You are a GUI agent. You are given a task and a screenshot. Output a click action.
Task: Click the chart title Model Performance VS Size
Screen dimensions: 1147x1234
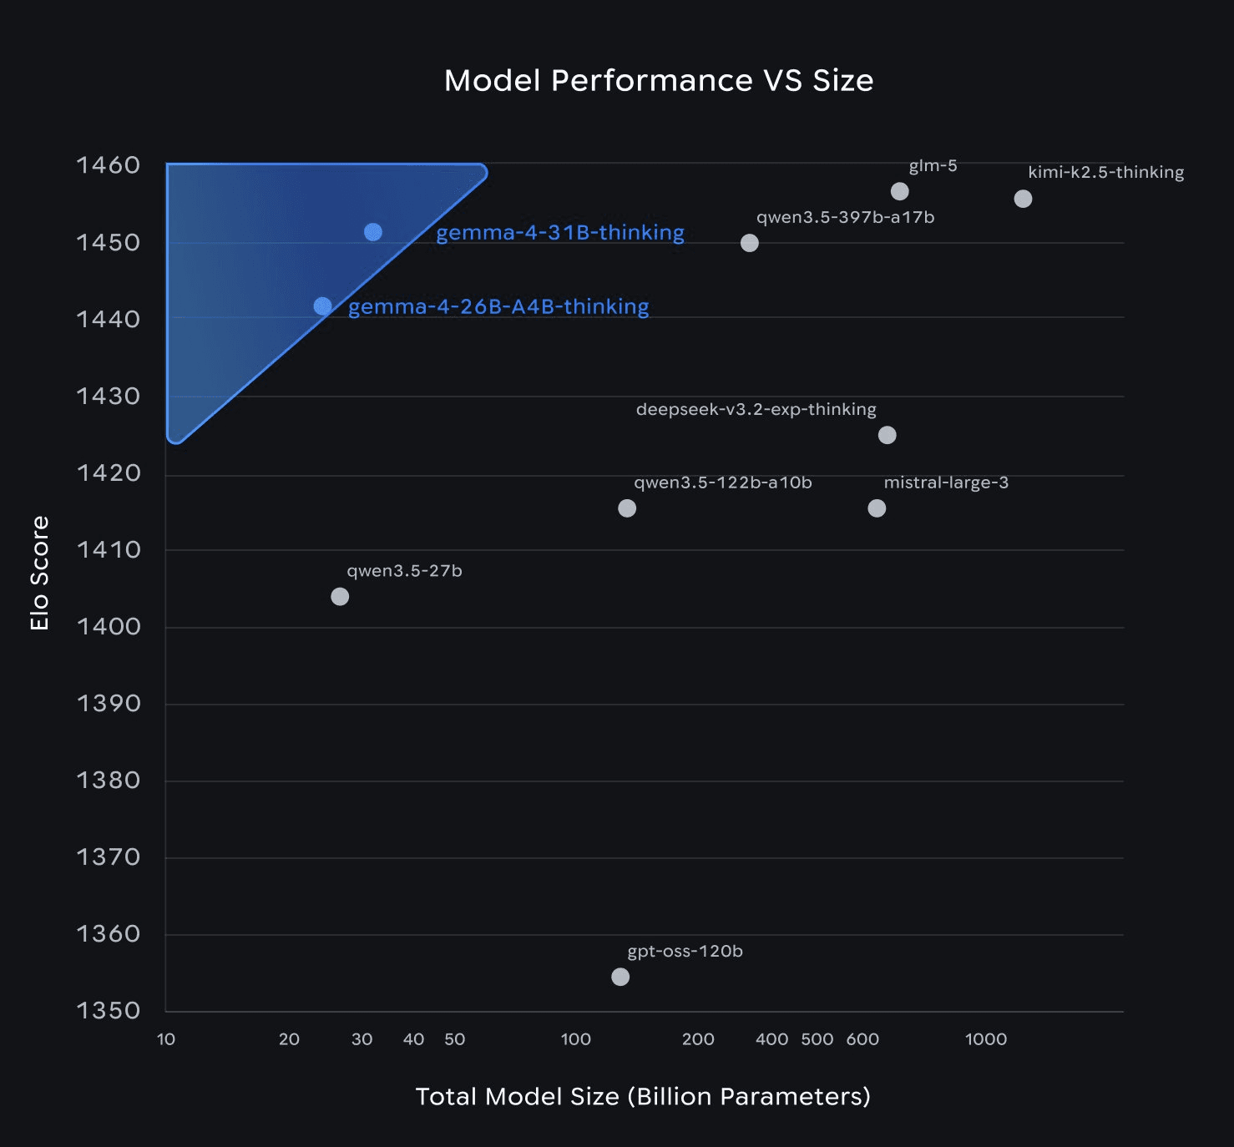click(659, 81)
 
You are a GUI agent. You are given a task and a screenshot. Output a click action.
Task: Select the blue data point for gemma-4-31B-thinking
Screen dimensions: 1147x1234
click(373, 232)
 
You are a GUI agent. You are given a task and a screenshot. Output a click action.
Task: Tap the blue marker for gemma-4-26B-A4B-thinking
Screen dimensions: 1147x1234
click(322, 306)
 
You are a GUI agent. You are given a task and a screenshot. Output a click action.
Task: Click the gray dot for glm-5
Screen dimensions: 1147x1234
click(899, 191)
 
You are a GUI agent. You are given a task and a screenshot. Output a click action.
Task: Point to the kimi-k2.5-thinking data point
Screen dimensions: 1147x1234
click(1023, 199)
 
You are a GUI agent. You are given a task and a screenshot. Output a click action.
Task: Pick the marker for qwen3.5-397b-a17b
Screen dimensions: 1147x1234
click(750, 243)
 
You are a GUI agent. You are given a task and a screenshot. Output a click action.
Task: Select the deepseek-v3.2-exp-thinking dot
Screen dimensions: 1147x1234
click(888, 435)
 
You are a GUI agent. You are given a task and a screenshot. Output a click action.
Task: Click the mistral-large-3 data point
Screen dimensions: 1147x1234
click(877, 508)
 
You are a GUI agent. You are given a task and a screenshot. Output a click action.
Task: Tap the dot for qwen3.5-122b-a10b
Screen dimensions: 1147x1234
click(627, 508)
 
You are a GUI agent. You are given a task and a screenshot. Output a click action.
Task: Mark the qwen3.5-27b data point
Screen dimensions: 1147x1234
click(340, 596)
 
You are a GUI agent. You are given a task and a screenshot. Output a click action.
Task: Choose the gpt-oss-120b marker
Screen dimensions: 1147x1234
click(620, 977)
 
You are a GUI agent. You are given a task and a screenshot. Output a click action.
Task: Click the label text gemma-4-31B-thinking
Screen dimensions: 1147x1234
click(560, 232)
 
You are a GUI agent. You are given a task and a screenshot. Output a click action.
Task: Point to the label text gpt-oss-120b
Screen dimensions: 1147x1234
click(685, 952)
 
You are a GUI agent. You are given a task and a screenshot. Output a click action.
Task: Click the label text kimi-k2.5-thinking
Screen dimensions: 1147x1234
click(1105, 172)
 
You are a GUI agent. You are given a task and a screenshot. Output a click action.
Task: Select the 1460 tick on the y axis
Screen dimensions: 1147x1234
click(109, 165)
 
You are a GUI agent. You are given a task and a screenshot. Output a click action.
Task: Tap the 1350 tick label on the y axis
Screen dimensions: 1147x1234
click(109, 1010)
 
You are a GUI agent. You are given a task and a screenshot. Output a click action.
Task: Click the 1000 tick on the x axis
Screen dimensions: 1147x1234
click(986, 1039)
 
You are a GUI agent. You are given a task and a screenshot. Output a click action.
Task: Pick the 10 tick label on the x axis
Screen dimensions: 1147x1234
click(166, 1039)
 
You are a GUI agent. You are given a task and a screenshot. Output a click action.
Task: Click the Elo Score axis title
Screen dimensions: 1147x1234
click(39, 573)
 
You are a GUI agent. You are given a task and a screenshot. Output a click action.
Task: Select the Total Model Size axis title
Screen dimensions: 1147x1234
click(643, 1096)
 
